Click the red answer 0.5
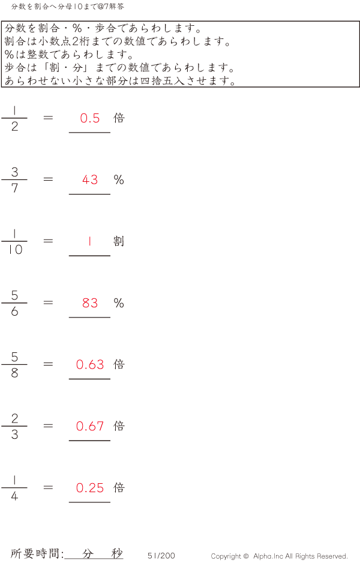[x=90, y=118]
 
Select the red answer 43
[x=90, y=179]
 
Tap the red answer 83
[x=90, y=303]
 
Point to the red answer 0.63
[x=90, y=364]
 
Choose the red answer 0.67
[x=90, y=426]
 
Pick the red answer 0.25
[x=90, y=487]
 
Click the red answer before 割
[x=90, y=241]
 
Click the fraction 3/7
[x=14, y=179]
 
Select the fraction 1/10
[x=14, y=241]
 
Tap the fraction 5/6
[x=14, y=303]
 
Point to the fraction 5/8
[x=14, y=364]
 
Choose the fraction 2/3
[x=14, y=426]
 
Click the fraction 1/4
[x=14, y=487]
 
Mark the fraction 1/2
[x=14, y=118]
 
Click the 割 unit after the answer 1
[x=119, y=241]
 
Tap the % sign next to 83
[x=119, y=303]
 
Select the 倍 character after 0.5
[x=119, y=118]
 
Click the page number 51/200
[x=161, y=555]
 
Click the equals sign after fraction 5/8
[x=48, y=364]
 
